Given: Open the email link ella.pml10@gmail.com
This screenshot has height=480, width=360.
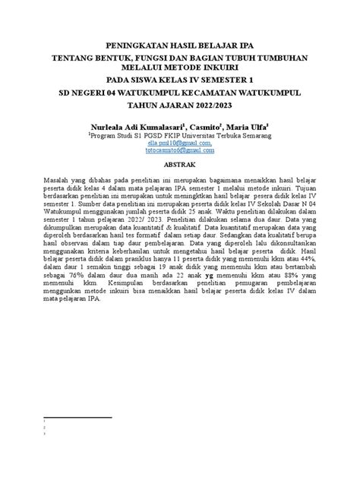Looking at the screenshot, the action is pos(179,142).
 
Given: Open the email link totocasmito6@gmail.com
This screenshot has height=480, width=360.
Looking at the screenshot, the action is pos(179,150).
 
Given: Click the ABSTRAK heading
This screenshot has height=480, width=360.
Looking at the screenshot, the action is pos(180,165).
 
